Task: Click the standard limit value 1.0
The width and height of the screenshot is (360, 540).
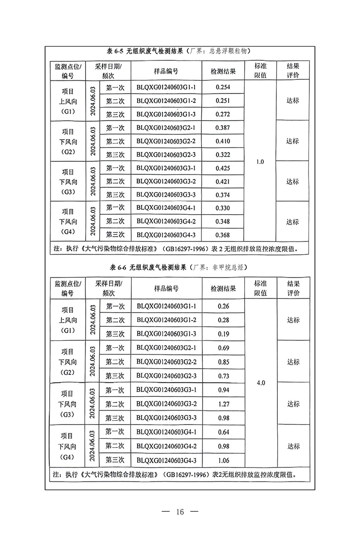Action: click(x=260, y=162)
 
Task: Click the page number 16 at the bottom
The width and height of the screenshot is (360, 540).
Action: click(x=180, y=512)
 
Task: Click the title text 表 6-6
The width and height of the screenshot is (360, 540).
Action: click(x=116, y=268)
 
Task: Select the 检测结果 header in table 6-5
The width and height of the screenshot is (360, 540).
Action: click(x=223, y=71)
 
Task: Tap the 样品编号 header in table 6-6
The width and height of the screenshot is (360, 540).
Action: click(x=166, y=288)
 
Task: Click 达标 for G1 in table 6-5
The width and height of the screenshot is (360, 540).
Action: click(x=293, y=101)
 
